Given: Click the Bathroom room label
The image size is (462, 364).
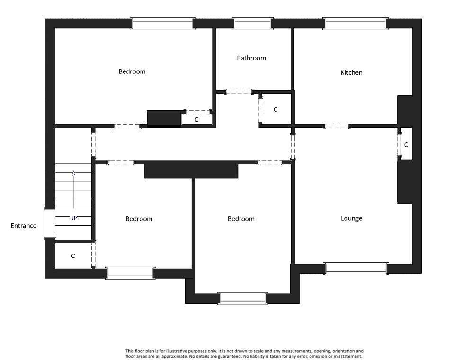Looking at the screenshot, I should pyautogui.click(x=251, y=58).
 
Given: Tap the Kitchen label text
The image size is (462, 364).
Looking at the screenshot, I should pyautogui.click(x=352, y=73).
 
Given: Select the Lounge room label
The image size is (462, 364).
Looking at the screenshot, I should pyautogui.click(x=352, y=219).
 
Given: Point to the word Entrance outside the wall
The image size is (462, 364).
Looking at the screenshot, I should pyautogui.click(x=24, y=226).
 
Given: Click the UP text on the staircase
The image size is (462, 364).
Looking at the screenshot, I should pyautogui.click(x=73, y=218).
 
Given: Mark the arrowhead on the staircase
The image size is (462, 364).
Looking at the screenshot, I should pyautogui.click(x=73, y=174).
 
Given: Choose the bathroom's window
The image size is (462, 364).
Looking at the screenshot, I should pyautogui.click(x=253, y=24).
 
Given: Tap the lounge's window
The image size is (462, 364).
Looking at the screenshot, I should pyautogui.click(x=356, y=268).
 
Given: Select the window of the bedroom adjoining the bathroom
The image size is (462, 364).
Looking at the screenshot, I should pyautogui.click(x=162, y=24).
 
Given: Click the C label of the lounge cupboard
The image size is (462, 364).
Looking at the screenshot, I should pyautogui.click(x=406, y=145).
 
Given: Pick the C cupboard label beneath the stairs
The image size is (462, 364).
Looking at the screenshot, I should pyautogui.click(x=73, y=256).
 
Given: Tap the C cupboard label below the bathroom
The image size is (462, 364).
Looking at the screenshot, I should pyautogui.click(x=275, y=110).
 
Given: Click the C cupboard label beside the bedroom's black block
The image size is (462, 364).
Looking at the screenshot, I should pyautogui.click(x=196, y=120).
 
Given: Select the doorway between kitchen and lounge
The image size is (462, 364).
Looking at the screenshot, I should pyautogui.click(x=337, y=126).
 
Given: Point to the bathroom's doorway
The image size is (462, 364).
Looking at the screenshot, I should pyautogui.click(x=239, y=92).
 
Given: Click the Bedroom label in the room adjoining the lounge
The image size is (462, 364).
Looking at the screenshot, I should pyautogui.click(x=241, y=219).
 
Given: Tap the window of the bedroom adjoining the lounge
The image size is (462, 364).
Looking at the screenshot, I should pyautogui.click(x=242, y=298).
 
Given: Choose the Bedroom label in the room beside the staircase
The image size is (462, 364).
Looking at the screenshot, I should pyautogui.click(x=139, y=219).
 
